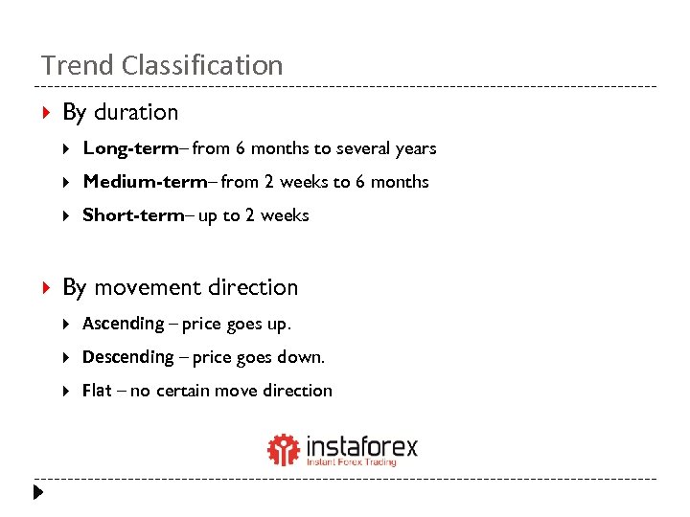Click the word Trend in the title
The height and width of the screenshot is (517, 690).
[67, 65]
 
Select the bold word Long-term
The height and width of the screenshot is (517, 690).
[130, 148]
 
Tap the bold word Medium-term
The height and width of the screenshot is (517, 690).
[145, 182]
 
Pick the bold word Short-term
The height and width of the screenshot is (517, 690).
[133, 215]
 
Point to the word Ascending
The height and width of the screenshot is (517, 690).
[124, 324]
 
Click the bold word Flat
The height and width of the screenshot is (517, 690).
[97, 391]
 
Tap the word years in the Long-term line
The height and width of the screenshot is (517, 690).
[414, 149]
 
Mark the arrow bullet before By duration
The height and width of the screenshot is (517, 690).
[47, 113]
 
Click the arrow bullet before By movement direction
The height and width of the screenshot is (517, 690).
[47, 287]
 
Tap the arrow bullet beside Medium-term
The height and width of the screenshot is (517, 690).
[66, 182]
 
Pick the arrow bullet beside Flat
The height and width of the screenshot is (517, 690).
[66, 391]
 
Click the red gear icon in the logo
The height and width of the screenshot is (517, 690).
[283, 449]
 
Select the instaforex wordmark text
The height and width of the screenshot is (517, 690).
[361, 446]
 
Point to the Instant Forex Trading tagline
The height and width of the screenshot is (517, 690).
[351, 462]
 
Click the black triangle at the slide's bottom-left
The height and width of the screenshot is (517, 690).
[36, 493]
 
